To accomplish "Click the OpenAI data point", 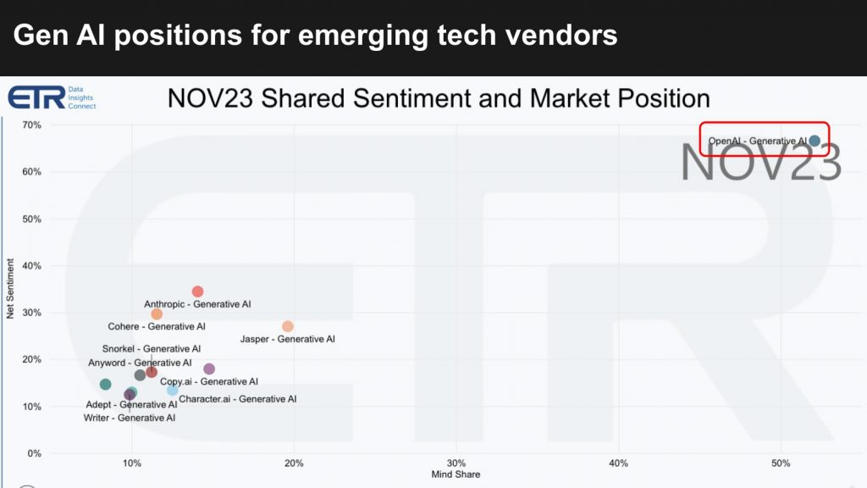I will coord(815,141).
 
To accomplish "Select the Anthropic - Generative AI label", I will coord(197,304).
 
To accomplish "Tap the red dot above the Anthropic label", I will coord(197,291).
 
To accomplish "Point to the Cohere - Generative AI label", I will coord(157,326).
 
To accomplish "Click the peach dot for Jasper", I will coord(288,326).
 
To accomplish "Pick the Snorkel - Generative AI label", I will coord(152,348).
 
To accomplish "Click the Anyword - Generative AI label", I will coord(141,363).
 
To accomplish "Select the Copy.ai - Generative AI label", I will coord(209,382).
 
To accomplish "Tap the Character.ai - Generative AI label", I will coord(238,399).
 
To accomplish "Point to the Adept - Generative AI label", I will coord(131,405).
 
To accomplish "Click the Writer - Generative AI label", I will coord(130,418).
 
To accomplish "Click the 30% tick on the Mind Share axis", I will coord(456,463).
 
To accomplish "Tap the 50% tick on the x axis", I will coord(781,463).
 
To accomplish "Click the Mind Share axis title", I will coord(456,474).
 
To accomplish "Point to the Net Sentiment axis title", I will coord(11,289).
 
